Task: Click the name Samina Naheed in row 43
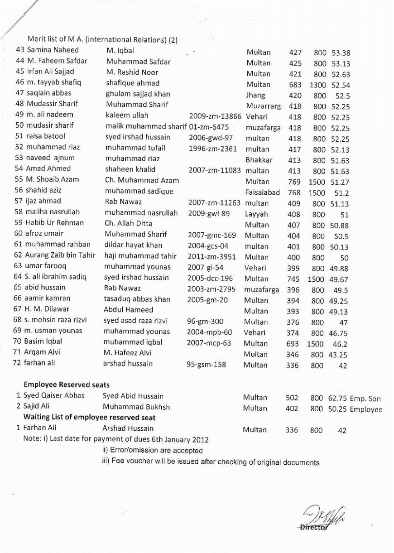(53, 50)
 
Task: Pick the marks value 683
(295, 85)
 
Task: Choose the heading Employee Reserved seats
(67, 385)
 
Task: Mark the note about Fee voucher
(211, 462)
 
